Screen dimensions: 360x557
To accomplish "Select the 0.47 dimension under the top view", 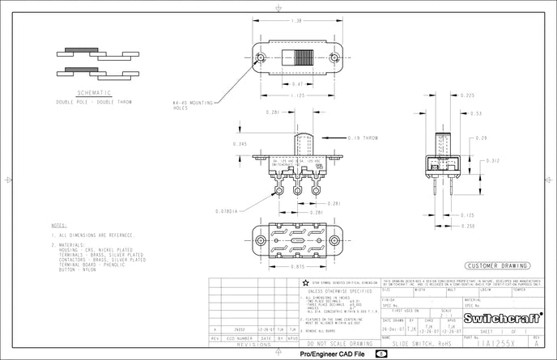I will [x=298, y=84].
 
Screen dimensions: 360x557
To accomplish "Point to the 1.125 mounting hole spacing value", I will [x=298, y=96].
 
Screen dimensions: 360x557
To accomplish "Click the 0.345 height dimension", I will [x=239, y=143].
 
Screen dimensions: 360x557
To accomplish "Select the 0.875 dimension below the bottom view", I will [x=299, y=266].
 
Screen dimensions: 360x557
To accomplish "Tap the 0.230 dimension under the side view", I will [x=468, y=226].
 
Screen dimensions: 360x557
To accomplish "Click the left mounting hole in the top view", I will [x=261, y=57].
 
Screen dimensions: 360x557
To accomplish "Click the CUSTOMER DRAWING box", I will [x=496, y=265].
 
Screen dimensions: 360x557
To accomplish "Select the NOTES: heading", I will [x=58, y=226].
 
